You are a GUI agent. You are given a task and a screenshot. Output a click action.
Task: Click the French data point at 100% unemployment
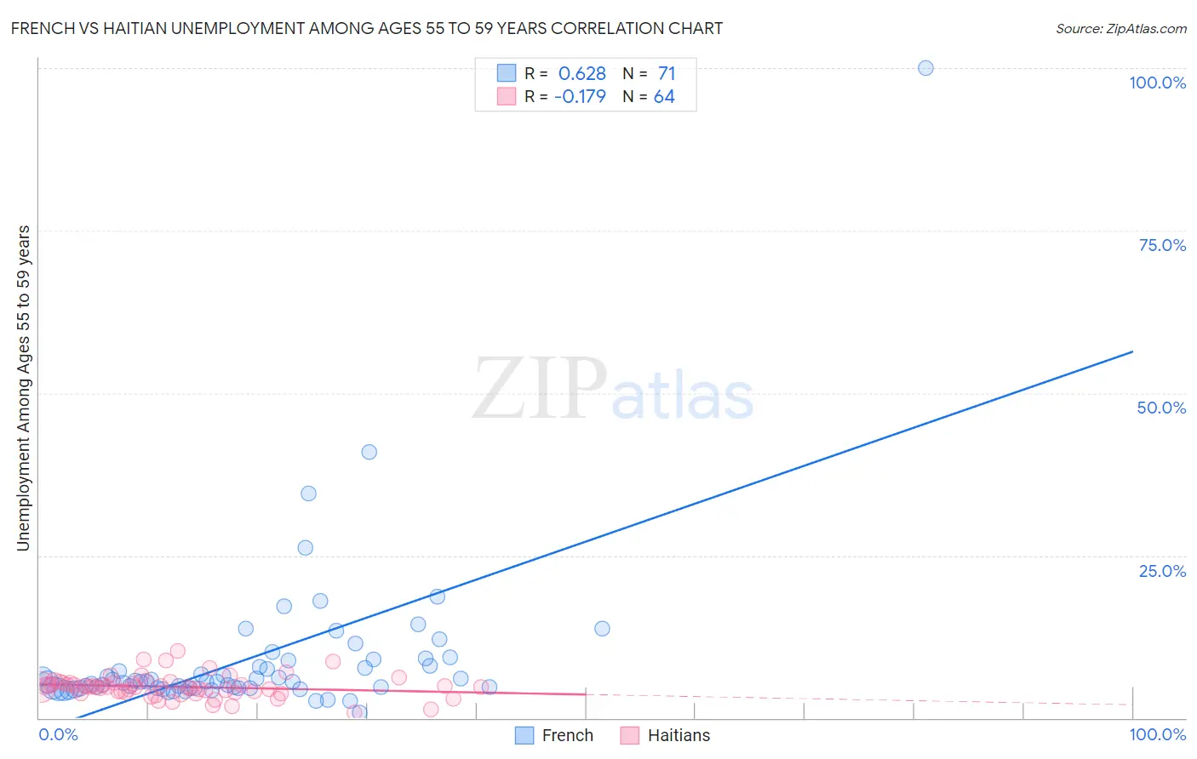[x=925, y=68]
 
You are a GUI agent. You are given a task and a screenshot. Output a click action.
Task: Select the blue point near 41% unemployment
[x=369, y=452]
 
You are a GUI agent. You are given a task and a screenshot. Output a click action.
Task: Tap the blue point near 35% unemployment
[x=308, y=494]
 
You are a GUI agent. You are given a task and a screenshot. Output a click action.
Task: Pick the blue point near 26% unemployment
[x=305, y=548]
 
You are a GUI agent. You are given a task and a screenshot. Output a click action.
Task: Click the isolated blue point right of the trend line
[x=602, y=629]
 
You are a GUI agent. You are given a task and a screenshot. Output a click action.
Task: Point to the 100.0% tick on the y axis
[x=1157, y=83]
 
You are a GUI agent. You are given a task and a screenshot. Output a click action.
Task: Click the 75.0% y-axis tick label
[x=1162, y=245]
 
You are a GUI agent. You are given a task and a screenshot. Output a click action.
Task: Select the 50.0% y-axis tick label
[x=1161, y=408]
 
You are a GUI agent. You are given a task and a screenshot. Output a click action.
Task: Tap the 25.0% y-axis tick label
[x=1162, y=570]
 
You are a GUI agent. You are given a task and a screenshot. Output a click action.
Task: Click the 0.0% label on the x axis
[x=58, y=734]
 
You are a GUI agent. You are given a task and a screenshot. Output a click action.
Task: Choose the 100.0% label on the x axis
[x=1157, y=734]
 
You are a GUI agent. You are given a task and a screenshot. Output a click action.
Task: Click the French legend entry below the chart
[x=554, y=735]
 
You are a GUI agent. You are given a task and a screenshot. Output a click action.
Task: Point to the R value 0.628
[x=581, y=74]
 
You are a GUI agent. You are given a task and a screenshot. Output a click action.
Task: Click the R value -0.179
[x=580, y=97]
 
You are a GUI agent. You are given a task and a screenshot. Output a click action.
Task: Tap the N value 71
[x=666, y=74]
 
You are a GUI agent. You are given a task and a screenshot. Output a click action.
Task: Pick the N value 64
[x=664, y=97]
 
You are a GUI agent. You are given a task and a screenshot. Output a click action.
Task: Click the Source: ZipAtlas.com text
[x=1120, y=29]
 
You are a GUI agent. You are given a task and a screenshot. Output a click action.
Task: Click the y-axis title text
[x=24, y=388]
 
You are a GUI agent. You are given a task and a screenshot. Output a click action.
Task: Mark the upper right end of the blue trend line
[x=1132, y=351]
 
